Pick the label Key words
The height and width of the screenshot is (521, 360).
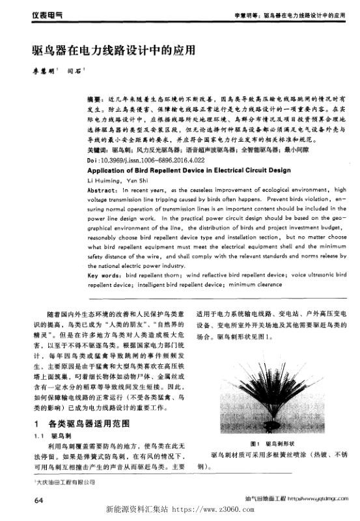[x=102, y=276]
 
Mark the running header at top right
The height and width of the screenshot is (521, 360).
[x=288, y=14]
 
